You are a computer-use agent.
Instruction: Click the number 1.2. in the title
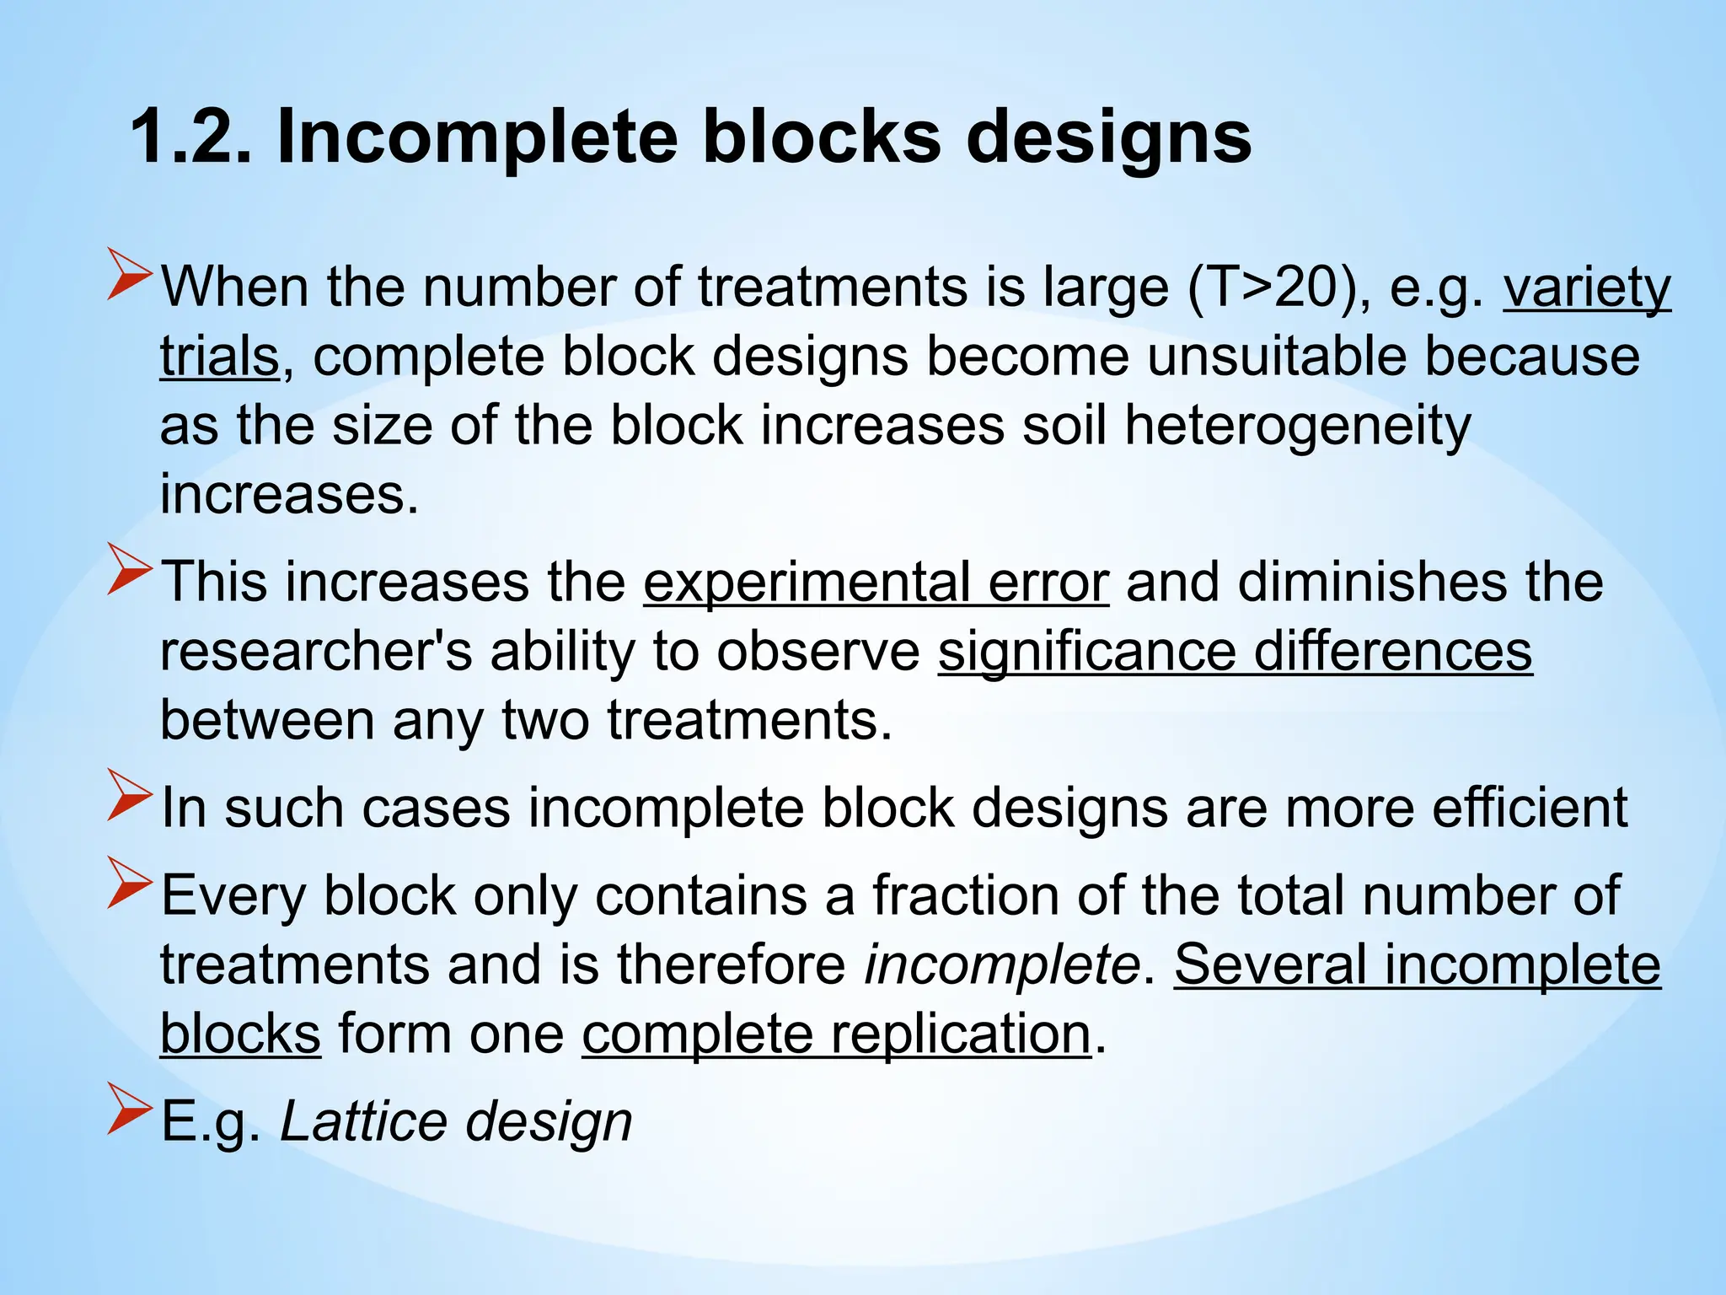pyautogui.click(x=190, y=137)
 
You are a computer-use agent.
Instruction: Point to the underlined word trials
pyautogui.click(x=219, y=357)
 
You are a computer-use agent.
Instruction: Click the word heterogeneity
pyautogui.click(x=1297, y=426)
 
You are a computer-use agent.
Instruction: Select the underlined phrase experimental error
pyautogui.click(x=876, y=583)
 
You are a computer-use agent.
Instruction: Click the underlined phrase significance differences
pyautogui.click(x=1235, y=652)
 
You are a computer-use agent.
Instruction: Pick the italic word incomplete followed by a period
pyautogui.click(x=1002, y=965)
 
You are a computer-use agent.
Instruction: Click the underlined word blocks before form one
pyautogui.click(x=240, y=1034)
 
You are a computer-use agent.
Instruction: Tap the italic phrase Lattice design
pyautogui.click(x=456, y=1121)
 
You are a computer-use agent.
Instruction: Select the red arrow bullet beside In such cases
pyautogui.click(x=129, y=797)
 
